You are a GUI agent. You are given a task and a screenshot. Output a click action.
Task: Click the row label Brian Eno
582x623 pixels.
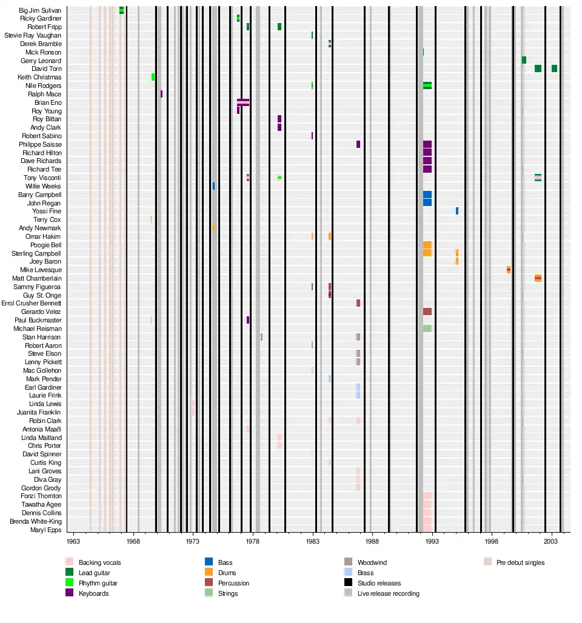[48, 103]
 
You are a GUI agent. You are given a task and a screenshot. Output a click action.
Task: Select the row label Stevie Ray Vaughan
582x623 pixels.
[33, 36]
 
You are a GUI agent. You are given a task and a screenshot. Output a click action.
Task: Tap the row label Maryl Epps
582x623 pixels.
[46, 530]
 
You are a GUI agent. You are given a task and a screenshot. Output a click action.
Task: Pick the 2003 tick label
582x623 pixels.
[550, 541]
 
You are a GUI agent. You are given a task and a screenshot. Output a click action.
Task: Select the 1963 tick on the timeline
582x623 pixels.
[73, 541]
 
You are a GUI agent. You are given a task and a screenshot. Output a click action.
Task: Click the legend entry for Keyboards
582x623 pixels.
[94, 593]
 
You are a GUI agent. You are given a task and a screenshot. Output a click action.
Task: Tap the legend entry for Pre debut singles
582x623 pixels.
[520, 563]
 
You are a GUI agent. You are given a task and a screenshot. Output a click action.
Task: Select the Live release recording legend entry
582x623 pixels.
[388, 593]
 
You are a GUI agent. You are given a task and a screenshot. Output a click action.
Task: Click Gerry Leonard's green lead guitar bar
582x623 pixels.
[524, 60]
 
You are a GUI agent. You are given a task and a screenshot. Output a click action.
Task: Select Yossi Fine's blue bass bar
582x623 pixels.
[457, 211]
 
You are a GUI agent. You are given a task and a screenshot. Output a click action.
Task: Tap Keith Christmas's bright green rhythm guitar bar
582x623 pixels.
[153, 77]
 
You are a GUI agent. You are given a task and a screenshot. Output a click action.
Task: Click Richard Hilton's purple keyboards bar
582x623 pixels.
[427, 153]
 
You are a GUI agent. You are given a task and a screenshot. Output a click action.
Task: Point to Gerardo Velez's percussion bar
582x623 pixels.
[427, 311]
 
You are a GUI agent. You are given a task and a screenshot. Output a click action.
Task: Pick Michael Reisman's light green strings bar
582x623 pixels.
[427, 328]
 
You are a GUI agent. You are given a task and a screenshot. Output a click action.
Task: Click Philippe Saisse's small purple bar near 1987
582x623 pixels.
[358, 144]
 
